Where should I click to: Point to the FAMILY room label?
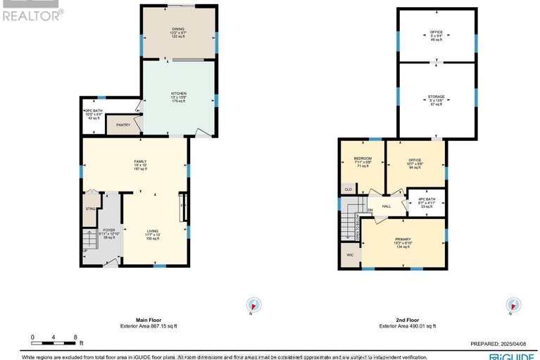click(140, 161)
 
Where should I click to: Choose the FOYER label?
click(108, 230)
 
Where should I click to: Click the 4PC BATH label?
click(427, 199)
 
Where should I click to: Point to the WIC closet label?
click(349, 255)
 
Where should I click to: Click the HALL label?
click(386, 206)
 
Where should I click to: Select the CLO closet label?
click(348, 188)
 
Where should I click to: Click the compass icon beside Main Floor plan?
click(252, 305)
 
